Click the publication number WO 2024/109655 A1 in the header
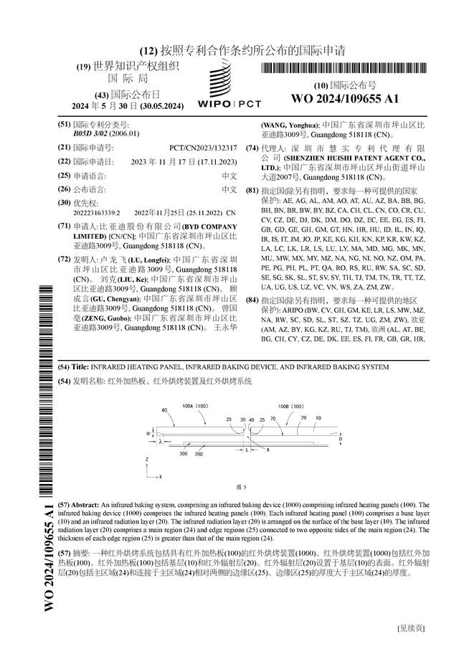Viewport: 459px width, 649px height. pos(344,98)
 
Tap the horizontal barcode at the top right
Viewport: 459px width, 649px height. pos(345,69)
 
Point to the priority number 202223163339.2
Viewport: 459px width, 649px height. pos(97,213)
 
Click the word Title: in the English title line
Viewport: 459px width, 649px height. pos(82,367)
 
